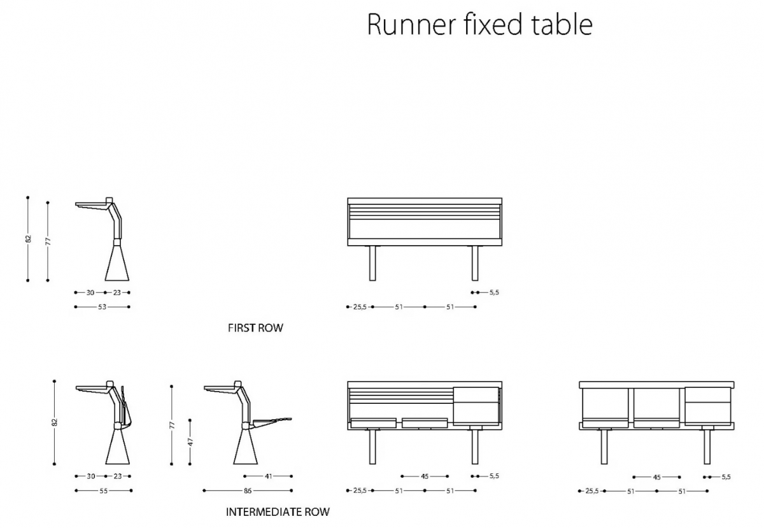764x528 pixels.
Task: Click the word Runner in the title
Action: tap(412, 25)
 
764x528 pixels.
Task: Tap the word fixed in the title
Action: tap(493, 24)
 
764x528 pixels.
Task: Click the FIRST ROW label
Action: tap(255, 328)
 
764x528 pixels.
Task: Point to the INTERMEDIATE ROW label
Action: tap(278, 512)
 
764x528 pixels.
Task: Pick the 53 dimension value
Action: tap(103, 307)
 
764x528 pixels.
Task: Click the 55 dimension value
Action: tap(103, 491)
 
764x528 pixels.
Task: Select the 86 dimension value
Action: tap(248, 491)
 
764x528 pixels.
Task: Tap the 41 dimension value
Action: tap(269, 476)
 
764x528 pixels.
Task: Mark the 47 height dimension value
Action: tap(190, 441)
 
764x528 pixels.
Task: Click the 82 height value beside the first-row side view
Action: tap(29, 239)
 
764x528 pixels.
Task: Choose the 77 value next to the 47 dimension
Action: tap(172, 425)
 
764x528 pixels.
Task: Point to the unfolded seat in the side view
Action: tap(271, 422)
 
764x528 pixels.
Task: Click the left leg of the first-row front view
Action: tap(372, 263)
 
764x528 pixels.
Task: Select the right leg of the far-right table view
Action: tap(707, 446)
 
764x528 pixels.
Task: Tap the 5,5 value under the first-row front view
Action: tap(494, 292)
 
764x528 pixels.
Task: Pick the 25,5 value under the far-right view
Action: tap(591, 491)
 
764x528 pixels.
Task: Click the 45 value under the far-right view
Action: tap(656, 477)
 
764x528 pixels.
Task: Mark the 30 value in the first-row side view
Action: tap(90, 292)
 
